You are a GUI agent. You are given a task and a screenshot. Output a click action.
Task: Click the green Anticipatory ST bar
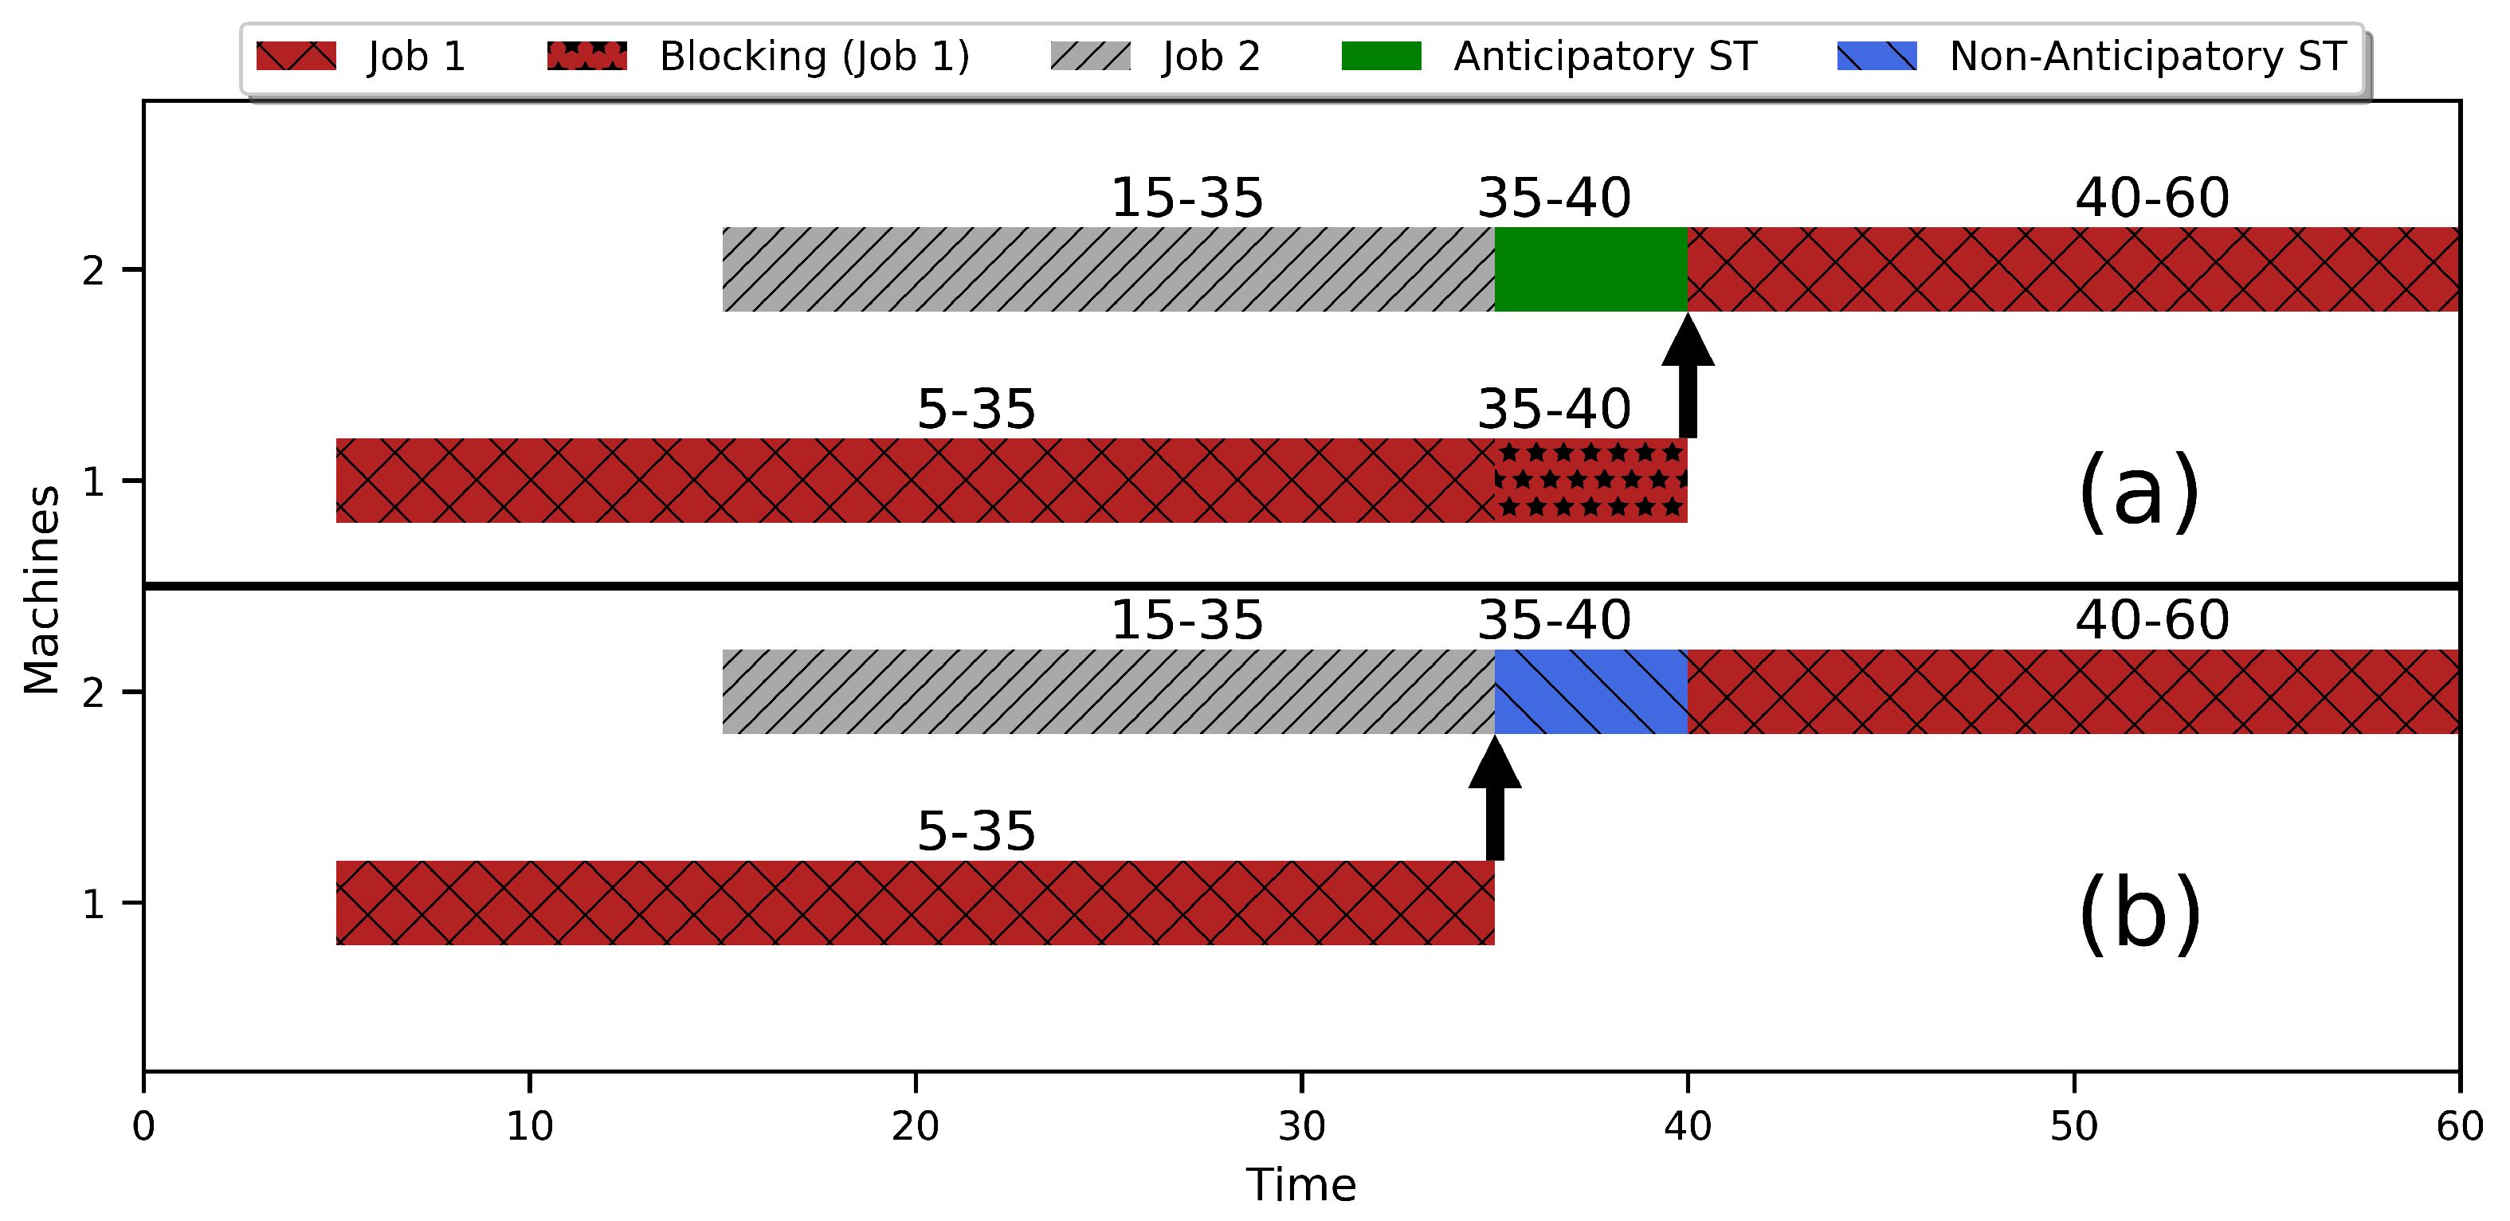(x=1590, y=270)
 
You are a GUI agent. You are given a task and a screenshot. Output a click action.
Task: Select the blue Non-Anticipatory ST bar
(x=1590, y=692)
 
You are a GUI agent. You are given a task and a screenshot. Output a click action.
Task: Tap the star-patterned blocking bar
(x=1590, y=481)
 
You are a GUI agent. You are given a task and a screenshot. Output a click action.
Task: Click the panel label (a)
(x=2139, y=492)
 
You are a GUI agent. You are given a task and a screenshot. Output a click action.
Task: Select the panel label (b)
(x=2139, y=914)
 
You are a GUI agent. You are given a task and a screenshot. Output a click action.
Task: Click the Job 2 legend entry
(x=1155, y=57)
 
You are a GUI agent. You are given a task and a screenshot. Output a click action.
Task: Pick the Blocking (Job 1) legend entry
(x=759, y=57)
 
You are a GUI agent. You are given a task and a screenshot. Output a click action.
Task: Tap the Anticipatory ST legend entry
(x=1549, y=57)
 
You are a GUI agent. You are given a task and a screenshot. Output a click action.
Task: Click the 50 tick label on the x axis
(x=2073, y=1126)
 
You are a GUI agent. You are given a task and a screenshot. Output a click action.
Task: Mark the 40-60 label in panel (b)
(x=2151, y=620)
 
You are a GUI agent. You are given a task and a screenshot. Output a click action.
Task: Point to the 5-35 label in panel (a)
(x=975, y=410)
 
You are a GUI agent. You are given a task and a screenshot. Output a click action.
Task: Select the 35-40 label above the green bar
(x=1554, y=198)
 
